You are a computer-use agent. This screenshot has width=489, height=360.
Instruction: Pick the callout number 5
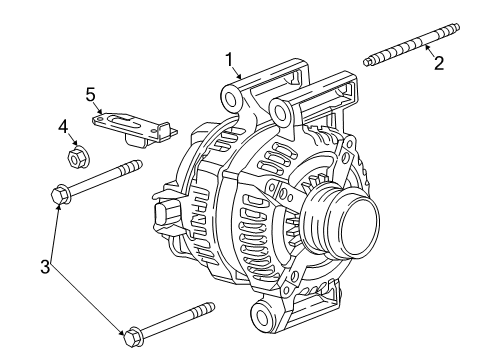(x=90, y=95)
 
